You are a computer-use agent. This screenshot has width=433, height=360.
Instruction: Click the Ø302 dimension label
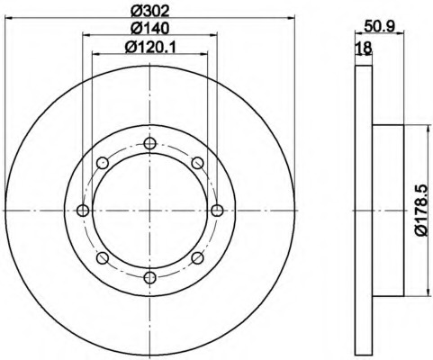click(x=150, y=12)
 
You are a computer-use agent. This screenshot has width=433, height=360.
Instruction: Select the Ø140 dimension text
click(x=150, y=29)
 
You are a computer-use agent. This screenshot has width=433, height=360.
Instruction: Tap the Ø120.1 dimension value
click(x=150, y=47)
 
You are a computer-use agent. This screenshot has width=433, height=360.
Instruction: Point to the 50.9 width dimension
click(x=379, y=26)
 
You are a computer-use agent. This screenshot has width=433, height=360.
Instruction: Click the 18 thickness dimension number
click(x=364, y=48)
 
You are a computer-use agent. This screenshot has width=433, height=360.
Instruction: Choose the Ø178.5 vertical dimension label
click(x=420, y=211)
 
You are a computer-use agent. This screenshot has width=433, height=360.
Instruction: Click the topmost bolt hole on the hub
click(x=149, y=143)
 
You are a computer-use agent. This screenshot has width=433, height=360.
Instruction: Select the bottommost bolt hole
click(x=149, y=277)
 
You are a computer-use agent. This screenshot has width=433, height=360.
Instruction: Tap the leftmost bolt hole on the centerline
click(x=83, y=211)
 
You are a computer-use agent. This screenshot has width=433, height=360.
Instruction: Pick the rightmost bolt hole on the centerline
click(x=217, y=211)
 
